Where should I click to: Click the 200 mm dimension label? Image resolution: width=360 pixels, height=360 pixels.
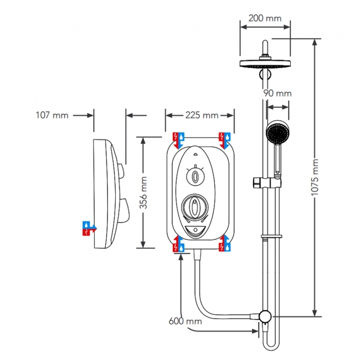point(265,18)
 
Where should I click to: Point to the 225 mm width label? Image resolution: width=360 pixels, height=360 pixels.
point(201,115)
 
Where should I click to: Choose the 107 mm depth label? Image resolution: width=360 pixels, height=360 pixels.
point(52,115)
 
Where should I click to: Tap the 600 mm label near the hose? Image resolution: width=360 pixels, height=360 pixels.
point(186,321)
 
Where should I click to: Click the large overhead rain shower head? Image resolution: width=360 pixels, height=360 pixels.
point(265,63)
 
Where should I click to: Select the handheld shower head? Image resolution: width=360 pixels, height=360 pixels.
point(276,133)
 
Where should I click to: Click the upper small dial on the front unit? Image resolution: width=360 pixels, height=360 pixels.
point(195,177)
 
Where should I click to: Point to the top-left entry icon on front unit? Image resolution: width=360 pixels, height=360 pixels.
point(177,140)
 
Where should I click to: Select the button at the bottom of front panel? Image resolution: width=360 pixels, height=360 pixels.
point(195,232)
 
